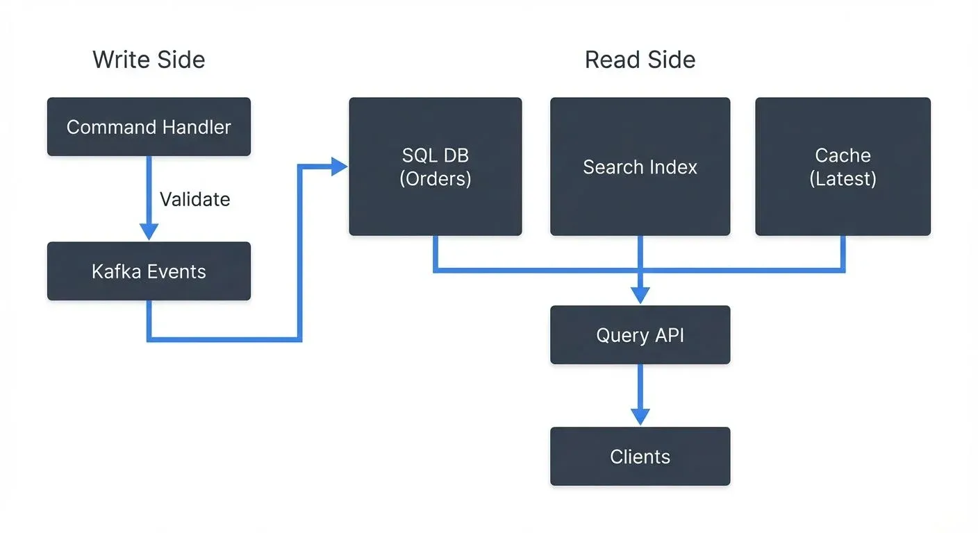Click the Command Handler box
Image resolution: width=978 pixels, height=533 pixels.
149,127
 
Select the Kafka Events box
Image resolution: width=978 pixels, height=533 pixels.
149,271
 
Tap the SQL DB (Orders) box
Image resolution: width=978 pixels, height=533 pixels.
435,167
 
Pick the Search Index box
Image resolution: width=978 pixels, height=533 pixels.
640,167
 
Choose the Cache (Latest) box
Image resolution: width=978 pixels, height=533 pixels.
843,167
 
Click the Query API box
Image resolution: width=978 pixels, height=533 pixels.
640,335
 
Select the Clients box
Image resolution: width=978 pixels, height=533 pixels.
640,457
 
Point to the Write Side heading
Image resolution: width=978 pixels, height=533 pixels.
149,60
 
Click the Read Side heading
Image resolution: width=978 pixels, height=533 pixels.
640,60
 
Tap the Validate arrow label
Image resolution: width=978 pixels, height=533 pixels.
194,200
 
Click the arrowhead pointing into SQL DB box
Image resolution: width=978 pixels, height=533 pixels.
340,167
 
